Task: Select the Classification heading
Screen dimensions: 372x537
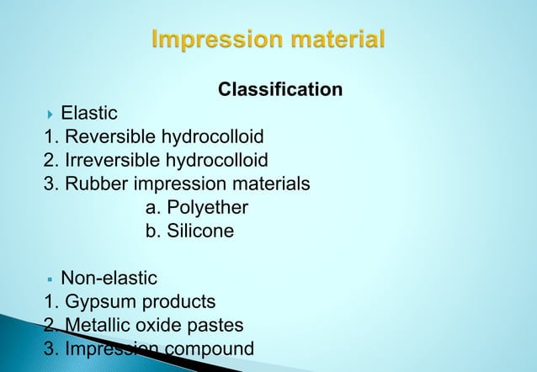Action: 280,89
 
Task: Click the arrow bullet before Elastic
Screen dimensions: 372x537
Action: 52,113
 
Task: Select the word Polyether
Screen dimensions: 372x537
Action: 207,207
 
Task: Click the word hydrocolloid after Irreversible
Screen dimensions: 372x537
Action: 219,160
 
